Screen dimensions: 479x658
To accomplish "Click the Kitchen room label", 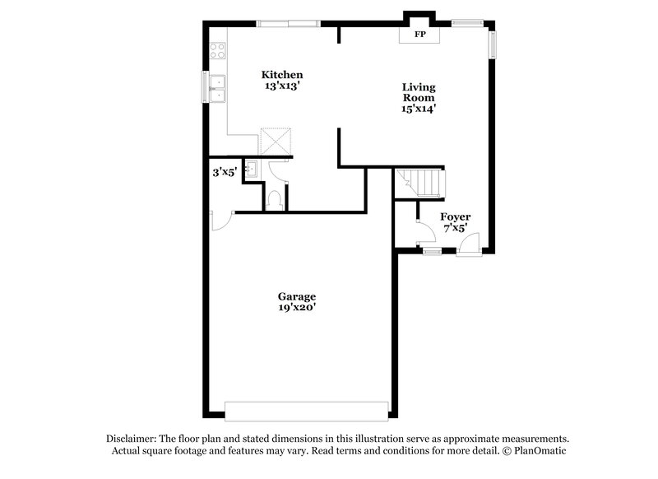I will (x=283, y=74).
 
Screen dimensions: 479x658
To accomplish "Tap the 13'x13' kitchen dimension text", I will (x=283, y=86).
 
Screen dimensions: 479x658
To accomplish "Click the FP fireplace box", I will (x=419, y=35).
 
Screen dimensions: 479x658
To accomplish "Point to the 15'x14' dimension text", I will (x=419, y=108).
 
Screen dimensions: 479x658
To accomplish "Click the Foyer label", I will (x=456, y=216).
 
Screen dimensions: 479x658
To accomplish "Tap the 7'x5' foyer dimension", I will (x=456, y=228).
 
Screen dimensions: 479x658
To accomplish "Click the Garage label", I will (x=297, y=296).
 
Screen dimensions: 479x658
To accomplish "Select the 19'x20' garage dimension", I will (x=297, y=308).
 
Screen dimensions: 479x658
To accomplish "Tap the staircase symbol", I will (x=419, y=182).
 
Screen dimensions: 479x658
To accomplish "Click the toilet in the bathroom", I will (x=276, y=198).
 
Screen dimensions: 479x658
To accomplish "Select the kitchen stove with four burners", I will (x=219, y=51).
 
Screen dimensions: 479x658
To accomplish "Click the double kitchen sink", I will (x=218, y=89).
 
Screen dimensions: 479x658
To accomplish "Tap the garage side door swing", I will (x=220, y=221).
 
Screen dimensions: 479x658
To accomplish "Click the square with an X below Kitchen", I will (x=276, y=141).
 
